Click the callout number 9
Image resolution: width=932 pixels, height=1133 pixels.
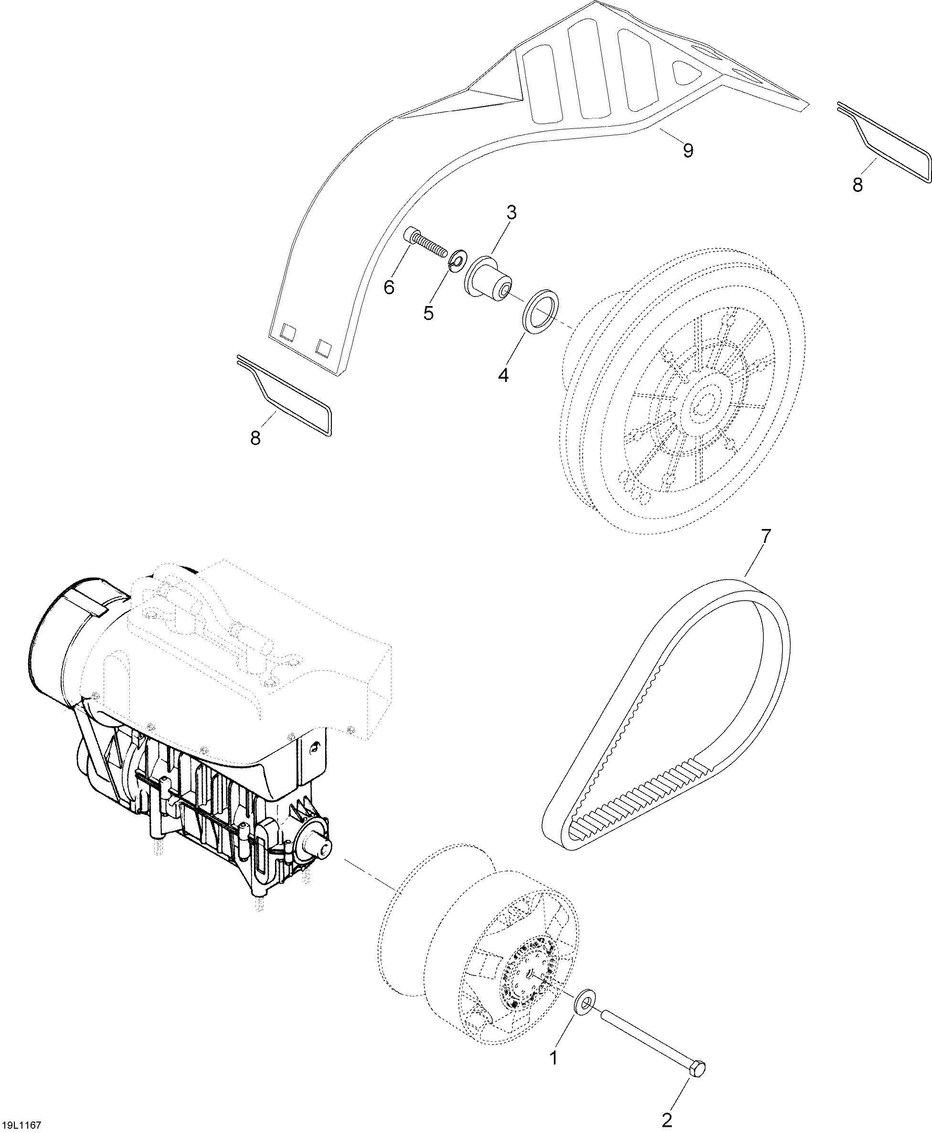(688, 150)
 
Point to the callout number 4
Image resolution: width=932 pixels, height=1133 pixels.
(503, 375)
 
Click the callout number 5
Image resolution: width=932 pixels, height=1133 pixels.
(428, 313)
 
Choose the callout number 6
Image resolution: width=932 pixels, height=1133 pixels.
(389, 287)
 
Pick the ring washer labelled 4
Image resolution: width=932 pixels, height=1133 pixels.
(541, 313)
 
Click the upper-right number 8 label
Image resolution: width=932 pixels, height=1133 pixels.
(858, 185)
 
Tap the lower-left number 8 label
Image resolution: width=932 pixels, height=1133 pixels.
(255, 438)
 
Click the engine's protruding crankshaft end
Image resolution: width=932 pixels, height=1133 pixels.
(323, 849)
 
